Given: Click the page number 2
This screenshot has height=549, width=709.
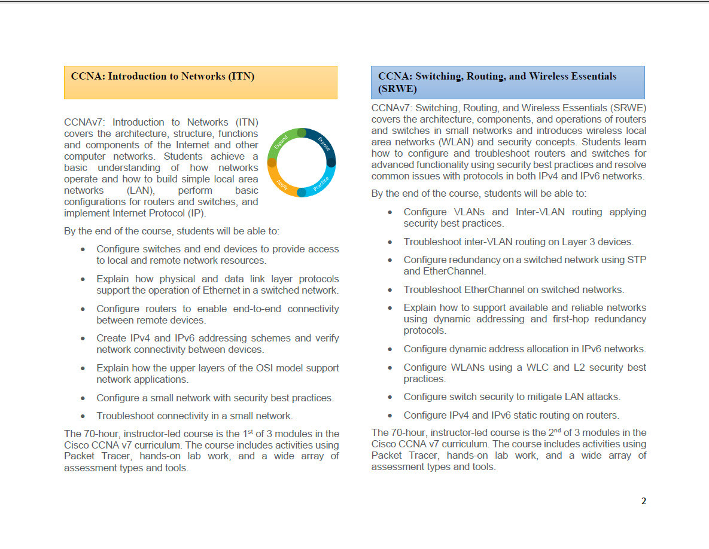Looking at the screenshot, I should click(644, 501).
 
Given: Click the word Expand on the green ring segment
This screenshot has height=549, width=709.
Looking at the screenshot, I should click(281, 142).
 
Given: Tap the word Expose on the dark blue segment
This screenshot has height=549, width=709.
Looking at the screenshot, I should click(324, 144).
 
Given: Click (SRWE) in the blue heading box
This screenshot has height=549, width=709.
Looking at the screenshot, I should click(397, 89).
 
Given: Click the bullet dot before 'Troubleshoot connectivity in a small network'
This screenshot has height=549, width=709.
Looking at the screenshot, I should click(83, 416).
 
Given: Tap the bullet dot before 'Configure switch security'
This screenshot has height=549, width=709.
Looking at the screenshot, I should click(390, 397).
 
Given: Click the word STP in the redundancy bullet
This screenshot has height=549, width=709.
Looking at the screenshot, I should click(636, 260).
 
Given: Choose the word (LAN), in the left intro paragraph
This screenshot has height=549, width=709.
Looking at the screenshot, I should click(141, 191).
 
